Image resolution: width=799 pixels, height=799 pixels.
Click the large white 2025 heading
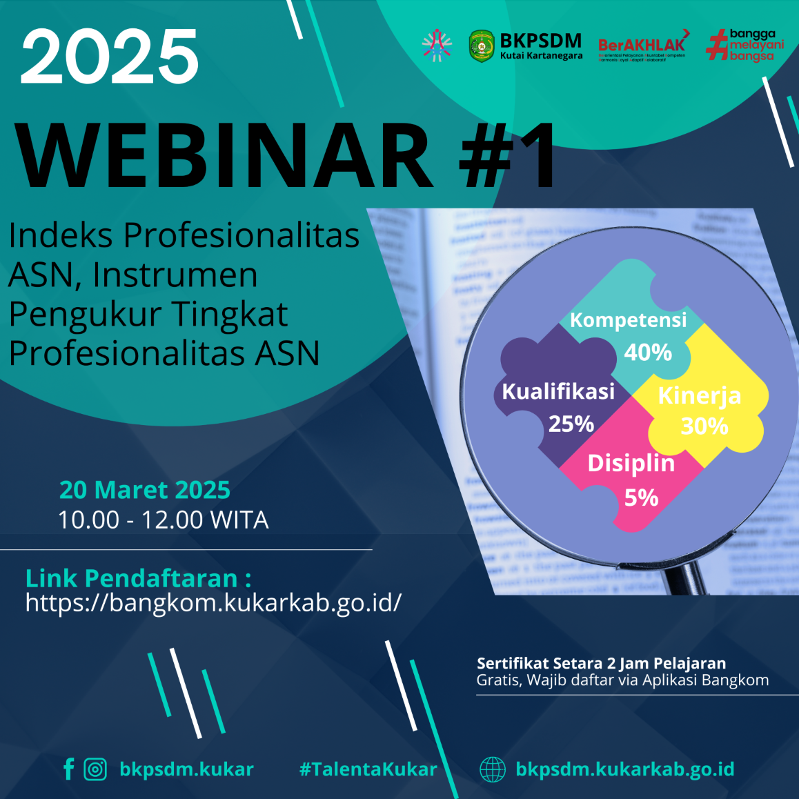tap(110, 57)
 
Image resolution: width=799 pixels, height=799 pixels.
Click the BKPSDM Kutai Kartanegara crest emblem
tap(481, 46)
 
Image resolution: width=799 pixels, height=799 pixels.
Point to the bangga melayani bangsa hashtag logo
tap(745, 45)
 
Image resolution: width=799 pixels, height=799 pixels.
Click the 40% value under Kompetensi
tap(647, 353)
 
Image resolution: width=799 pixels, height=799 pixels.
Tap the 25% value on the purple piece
tap(571, 424)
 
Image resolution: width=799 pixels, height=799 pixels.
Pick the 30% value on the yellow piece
tap(704, 426)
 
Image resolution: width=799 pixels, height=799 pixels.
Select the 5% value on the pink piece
tap(641, 497)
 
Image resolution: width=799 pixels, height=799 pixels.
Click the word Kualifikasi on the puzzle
tap(558, 391)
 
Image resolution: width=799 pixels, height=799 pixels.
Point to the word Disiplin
tap(631, 463)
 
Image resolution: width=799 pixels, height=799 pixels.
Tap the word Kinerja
tap(699, 395)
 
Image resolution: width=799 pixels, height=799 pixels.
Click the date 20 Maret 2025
tap(145, 489)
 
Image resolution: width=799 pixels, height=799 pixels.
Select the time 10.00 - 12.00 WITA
tap(163, 520)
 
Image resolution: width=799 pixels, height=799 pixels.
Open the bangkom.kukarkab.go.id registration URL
tap(213, 602)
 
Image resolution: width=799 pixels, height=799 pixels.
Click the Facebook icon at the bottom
tap(68, 769)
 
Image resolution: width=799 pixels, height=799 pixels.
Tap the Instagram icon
tap(95, 769)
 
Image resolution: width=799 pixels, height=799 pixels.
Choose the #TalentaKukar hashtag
tap(368, 769)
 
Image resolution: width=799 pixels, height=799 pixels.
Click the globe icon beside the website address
tap(492, 769)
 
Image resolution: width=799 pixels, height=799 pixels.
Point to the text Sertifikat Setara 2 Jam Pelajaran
tap(601, 663)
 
